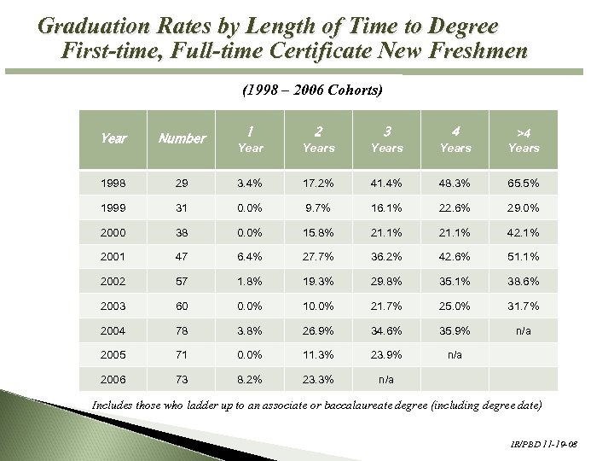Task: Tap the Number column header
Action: pyautogui.click(x=182, y=138)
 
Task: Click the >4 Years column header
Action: pyautogui.click(x=524, y=139)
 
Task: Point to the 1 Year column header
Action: pyautogui.click(x=250, y=139)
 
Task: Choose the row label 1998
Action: pyautogui.click(x=113, y=183)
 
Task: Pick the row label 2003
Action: pyautogui.click(x=113, y=306)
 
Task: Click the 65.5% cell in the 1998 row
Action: pyautogui.click(x=524, y=183)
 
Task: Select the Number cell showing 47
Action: pyautogui.click(x=182, y=257)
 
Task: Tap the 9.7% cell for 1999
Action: pyautogui.click(x=318, y=207)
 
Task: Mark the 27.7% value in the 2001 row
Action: pyautogui.click(x=318, y=257)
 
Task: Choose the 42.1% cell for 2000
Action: pyautogui.click(x=524, y=232)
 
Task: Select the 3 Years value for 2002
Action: pyautogui.click(x=386, y=282)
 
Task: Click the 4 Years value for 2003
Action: pyautogui.click(x=455, y=306)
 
